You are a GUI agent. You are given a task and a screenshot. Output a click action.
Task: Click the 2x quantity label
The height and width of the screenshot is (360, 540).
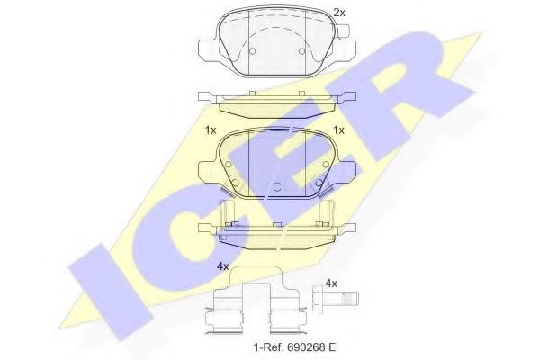tap(338, 13)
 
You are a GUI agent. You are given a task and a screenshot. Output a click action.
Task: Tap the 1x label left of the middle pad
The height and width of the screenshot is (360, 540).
tap(211, 130)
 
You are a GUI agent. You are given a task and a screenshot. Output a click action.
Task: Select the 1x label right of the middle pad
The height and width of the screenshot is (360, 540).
tap(339, 130)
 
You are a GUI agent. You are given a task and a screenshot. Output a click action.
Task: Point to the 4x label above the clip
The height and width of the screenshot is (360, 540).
tap(222, 266)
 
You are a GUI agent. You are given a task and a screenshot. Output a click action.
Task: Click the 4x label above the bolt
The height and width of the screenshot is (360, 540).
tap(331, 283)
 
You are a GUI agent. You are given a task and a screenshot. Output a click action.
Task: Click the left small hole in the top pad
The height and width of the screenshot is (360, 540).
tap(253, 51)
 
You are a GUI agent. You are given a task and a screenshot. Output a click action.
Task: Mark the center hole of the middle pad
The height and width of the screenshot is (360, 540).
tap(277, 186)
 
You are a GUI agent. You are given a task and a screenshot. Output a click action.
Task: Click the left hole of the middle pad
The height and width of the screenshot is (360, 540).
tap(236, 186)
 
